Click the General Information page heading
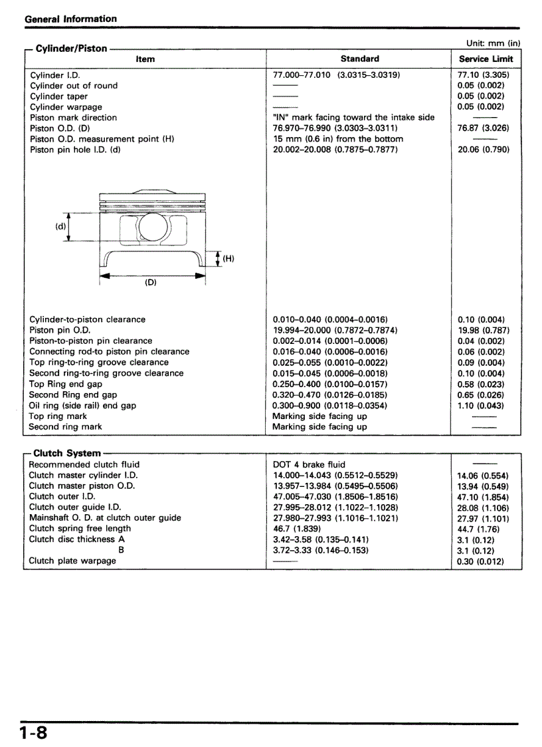point(70,19)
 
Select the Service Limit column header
point(486,59)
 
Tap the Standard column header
point(359,59)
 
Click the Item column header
point(145,59)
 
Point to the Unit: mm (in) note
point(493,43)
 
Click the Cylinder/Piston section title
point(71,49)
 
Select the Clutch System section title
point(67,453)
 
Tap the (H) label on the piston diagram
point(228,259)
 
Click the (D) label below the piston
point(151,283)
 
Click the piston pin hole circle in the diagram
point(152,227)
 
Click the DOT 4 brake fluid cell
point(309,464)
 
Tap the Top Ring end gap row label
point(65,384)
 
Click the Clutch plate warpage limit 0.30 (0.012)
point(480,561)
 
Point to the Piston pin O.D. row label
point(59,330)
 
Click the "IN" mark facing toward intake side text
point(353,117)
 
